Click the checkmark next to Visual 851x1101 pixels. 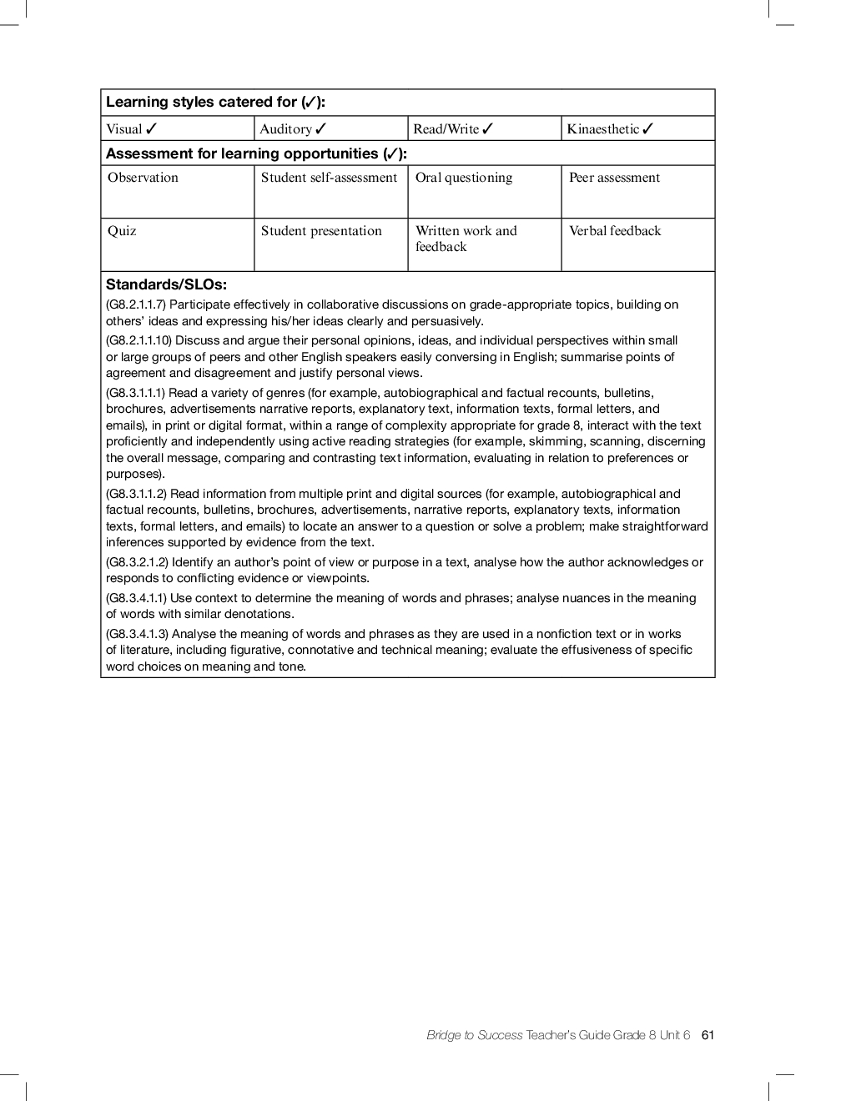[x=151, y=128]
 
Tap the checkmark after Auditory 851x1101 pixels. [x=321, y=128]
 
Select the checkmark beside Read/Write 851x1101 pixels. [x=488, y=128]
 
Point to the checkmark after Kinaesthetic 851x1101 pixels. [x=648, y=128]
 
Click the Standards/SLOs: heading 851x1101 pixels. [x=166, y=284]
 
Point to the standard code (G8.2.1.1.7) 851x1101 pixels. [x=136, y=304]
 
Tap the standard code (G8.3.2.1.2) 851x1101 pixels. [x=137, y=562]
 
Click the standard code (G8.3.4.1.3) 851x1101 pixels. [x=137, y=634]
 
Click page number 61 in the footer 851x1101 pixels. [x=708, y=1035]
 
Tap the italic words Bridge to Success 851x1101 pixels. [x=474, y=1035]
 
